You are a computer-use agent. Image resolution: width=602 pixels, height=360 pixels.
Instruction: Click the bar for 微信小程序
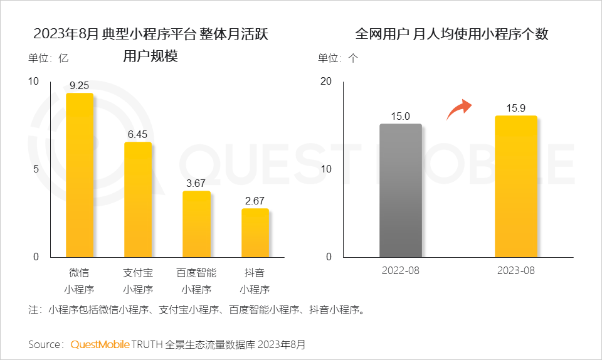pos(80,175)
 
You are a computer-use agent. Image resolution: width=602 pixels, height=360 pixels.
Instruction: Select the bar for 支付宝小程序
pos(138,199)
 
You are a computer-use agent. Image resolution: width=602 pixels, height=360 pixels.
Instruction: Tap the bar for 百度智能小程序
pos(196,224)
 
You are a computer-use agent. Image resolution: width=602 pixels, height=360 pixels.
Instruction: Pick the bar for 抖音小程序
pos(255,233)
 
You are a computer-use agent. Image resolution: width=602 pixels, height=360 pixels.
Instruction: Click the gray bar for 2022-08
pos(400,191)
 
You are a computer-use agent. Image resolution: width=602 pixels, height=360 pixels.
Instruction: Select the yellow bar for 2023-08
pos(515,186)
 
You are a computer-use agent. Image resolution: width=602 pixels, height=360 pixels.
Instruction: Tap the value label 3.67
pos(196,183)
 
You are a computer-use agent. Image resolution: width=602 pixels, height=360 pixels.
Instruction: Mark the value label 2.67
pos(255,201)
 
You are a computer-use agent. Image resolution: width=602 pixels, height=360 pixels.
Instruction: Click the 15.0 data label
pos(400,116)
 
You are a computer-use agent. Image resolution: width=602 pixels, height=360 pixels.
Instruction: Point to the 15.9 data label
pos(515,108)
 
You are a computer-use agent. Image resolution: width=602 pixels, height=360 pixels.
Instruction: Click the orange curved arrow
pos(458,109)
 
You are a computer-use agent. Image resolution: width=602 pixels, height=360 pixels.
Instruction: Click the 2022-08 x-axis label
pos(400,270)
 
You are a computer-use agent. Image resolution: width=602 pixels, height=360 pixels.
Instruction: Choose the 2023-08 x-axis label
pos(515,270)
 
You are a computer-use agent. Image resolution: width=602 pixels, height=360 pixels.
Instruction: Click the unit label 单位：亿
pos(48,58)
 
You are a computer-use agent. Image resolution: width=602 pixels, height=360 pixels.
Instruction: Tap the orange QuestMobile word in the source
pos(100,344)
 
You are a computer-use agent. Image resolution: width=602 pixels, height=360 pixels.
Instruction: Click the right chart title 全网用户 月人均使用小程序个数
pos(451,34)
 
